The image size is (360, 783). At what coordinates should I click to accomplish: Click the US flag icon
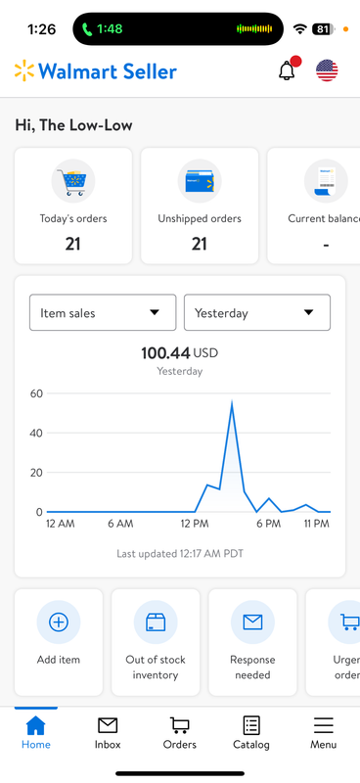click(327, 70)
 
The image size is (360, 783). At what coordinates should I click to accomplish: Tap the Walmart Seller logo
click(96, 71)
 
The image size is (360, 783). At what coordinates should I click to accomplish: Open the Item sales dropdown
click(103, 312)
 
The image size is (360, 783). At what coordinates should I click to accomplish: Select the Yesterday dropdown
click(256, 312)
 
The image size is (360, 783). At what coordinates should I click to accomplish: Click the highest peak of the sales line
click(231, 402)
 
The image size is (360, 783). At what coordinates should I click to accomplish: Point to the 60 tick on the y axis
click(36, 393)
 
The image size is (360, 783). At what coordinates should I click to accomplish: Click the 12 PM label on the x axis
click(195, 525)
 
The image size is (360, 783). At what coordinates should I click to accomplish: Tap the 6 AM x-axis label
click(120, 525)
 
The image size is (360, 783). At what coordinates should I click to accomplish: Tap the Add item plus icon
click(59, 622)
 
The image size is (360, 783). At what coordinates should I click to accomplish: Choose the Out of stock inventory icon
click(156, 622)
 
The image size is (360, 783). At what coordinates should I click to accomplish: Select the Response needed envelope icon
click(252, 622)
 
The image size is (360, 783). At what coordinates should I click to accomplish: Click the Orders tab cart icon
click(180, 725)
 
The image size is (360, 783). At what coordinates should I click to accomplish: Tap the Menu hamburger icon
click(323, 725)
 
